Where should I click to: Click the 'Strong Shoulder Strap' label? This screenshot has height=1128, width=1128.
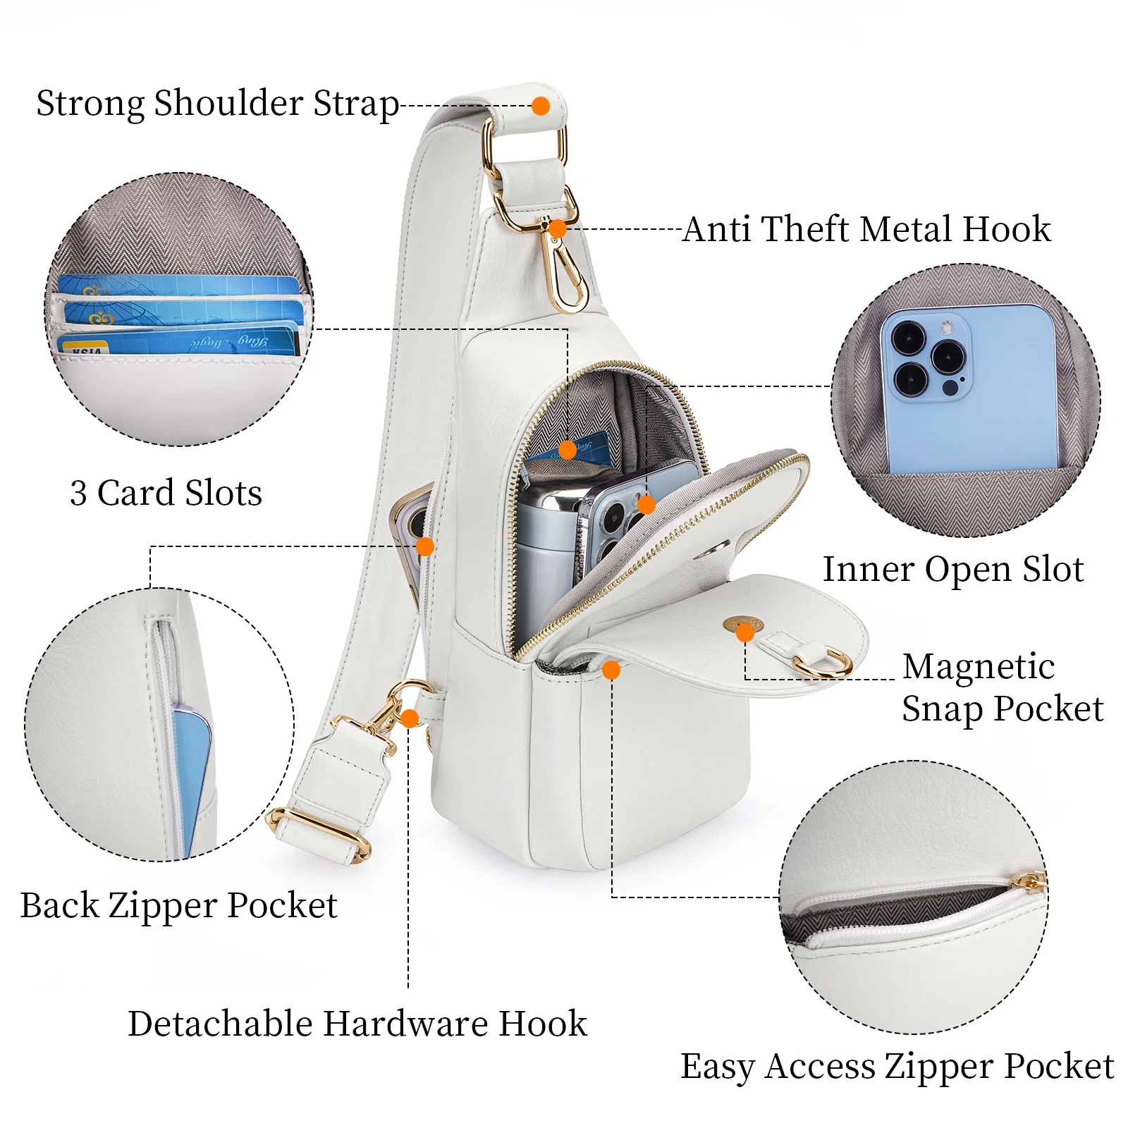(217, 104)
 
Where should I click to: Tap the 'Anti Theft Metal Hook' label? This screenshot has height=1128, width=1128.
(866, 229)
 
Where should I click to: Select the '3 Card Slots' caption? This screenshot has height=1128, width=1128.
(166, 492)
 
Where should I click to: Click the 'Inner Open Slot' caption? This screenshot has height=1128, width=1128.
(952, 569)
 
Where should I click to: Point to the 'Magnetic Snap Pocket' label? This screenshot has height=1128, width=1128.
(1002, 687)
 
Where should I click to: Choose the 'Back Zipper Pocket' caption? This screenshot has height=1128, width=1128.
(178, 905)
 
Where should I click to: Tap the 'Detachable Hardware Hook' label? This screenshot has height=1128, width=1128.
(357, 1023)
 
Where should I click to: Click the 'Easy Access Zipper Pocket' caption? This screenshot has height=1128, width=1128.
(897, 1066)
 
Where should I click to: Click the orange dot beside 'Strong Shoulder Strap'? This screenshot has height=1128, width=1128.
(541, 106)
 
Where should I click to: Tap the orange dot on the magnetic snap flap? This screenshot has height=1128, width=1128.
(744, 632)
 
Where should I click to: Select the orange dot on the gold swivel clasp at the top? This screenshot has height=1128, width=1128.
(557, 228)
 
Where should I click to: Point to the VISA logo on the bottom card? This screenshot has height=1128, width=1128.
(85, 349)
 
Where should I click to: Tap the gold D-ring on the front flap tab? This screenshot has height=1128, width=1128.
(822, 663)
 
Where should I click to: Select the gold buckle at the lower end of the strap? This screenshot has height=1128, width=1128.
(319, 833)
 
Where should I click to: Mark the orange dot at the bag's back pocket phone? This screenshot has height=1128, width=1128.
(424, 546)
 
